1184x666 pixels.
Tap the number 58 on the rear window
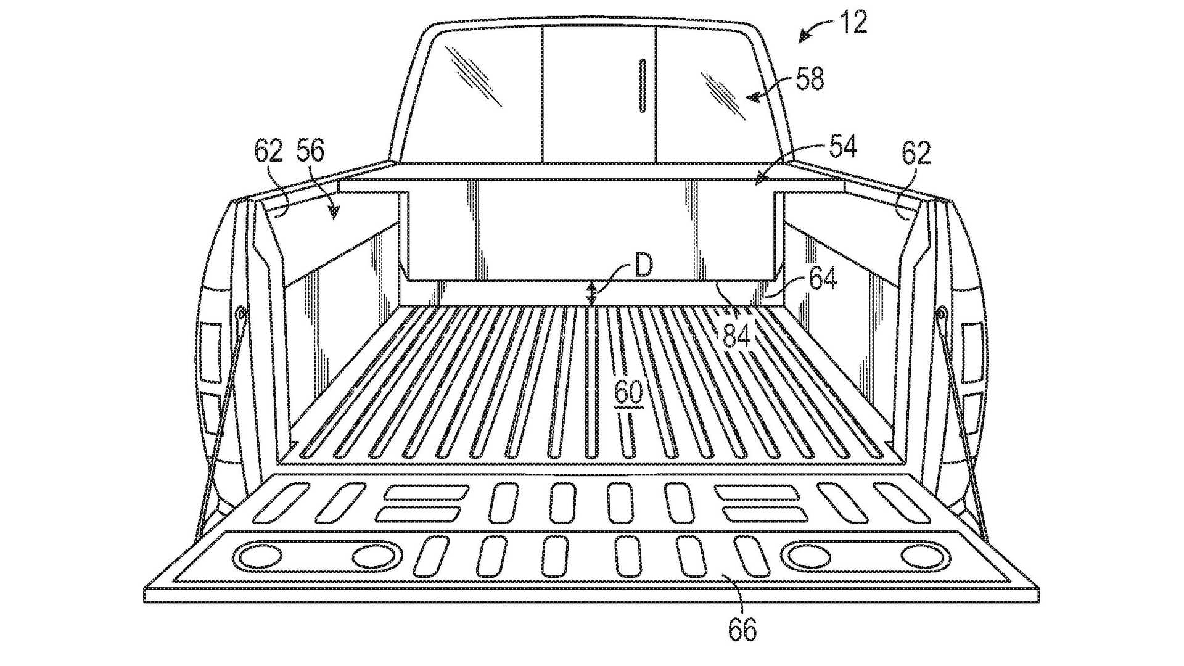[x=809, y=80]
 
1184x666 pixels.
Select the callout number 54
[x=842, y=147]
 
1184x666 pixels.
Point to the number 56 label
[x=310, y=150]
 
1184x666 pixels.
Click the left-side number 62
[x=268, y=150]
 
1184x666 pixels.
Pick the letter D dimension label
[x=643, y=266]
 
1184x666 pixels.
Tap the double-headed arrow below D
[x=591, y=293]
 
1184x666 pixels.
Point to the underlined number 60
[x=628, y=393]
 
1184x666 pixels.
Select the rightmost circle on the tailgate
[x=924, y=556]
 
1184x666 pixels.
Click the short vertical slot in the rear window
[x=642, y=86]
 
